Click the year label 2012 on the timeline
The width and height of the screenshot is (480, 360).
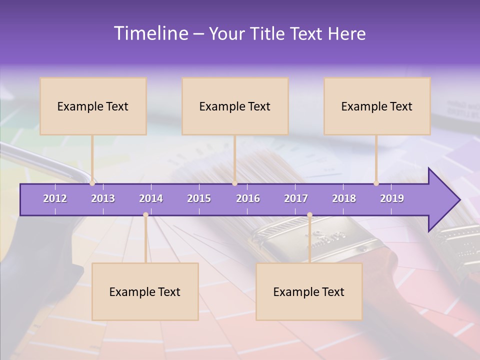pyautogui.click(x=55, y=198)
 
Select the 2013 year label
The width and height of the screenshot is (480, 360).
pyautogui.click(x=103, y=198)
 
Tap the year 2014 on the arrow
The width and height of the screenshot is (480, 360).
pyautogui.click(x=151, y=198)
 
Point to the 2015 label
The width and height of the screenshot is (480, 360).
pyautogui.click(x=199, y=198)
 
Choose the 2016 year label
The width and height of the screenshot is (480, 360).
pyautogui.click(x=248, y=198)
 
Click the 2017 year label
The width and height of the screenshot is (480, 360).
pyautogui.click(x=296, y=198)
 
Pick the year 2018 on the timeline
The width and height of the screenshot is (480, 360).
pyautogui.click(x=344, y=198)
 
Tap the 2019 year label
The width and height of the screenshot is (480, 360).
pyautogui.click(x=392, y=198)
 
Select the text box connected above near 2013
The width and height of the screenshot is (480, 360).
pyautogui.click(x=93, y=106)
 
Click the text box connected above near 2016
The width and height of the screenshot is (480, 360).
pyautogui.click(x=235, y=106)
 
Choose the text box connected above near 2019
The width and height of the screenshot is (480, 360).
pyautogui.click(x=377, y=106)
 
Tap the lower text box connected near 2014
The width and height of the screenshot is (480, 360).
pyautogui.click(x=145, y=291)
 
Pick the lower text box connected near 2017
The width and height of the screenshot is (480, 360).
pyautogui.click(x=309, y=291)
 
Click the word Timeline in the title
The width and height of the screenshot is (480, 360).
pyautogui.click(x=150, y=33)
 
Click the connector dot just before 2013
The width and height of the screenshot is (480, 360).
pyautogui.click(x=92, y=183)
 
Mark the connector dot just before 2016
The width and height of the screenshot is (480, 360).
pyautogui.click(x=234, y=183)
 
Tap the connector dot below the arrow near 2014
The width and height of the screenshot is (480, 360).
pyautogui.click(x=145, y=215)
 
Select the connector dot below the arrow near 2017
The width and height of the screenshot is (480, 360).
pyautogui.click(x=309, y=215)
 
